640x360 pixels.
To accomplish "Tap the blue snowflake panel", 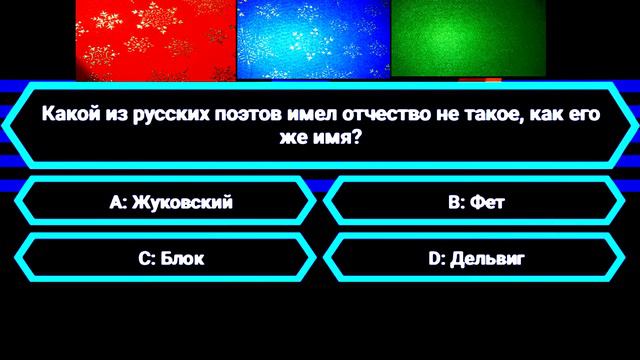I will (312, 37).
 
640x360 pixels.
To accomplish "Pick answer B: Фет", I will (476, 203).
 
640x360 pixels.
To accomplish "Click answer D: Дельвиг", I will (476, 259).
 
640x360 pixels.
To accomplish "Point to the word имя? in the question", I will (338, 137).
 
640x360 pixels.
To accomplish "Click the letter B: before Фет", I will (458, 203).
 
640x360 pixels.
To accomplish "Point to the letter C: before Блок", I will (146, 259).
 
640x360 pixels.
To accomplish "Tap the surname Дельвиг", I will (487, 259).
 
